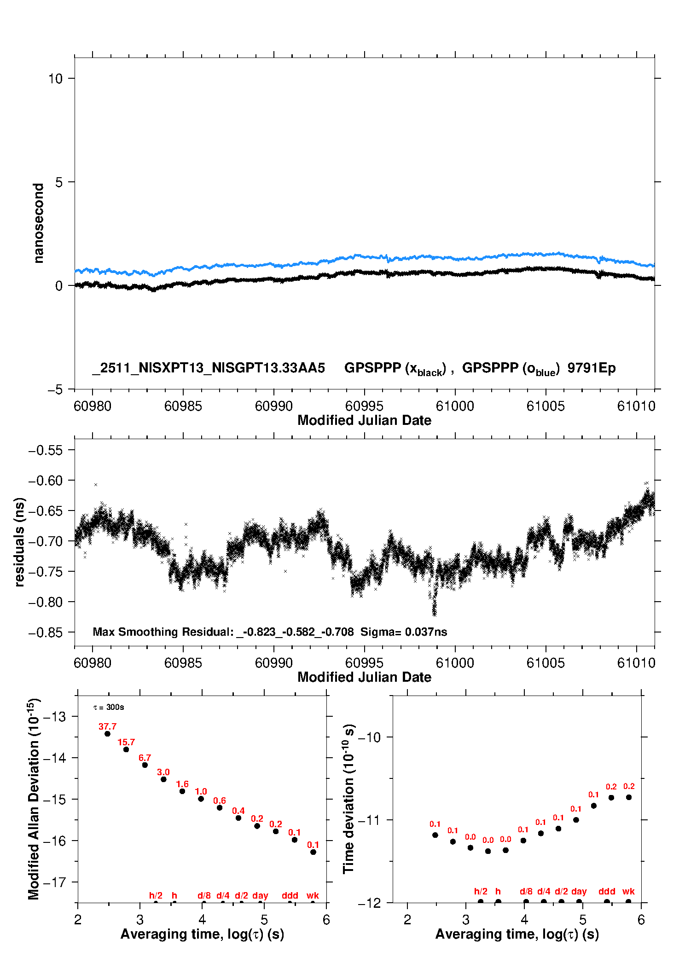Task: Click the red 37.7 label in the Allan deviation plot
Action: pyautogui.click(x=107, y=726)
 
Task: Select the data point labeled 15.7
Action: pyautogui.click(x=126, y=749)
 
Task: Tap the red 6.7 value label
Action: pyautogui.click(x=145, y=758)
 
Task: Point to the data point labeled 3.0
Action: pyautogui.click(x=163, y=779)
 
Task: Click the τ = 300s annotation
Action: pyautogui.click(x=109, y=708)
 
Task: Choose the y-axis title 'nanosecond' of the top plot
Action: pyautogui.click(x=38, y=223)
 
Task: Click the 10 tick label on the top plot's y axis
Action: pyautogui.click(x=55, y=79)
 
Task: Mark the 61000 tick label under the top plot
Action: pyautogui.click(x=455, y=406)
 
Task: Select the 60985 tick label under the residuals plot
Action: pyautogui.click(x=183, y=663)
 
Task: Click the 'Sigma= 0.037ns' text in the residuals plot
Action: pyautogui.click(x=403, y=632)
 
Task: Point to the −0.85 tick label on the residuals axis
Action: pyautogui.click(x=46, y=632)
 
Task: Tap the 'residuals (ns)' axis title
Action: pyautogui.click(x=19, y=542)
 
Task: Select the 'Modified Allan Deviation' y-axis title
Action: pyautogui.click(x=34, y=799)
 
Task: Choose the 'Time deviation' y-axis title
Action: pyautogui.click(x=348, y=799)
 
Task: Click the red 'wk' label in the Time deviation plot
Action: pyautogui.click(x=628, y=891)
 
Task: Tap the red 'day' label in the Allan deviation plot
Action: pyautogui.click(x=260, y=895)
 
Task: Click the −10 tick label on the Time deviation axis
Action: pyautogui.click(x=369, y=737)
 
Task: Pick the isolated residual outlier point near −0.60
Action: pyautogui.click(x=96, y=485)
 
